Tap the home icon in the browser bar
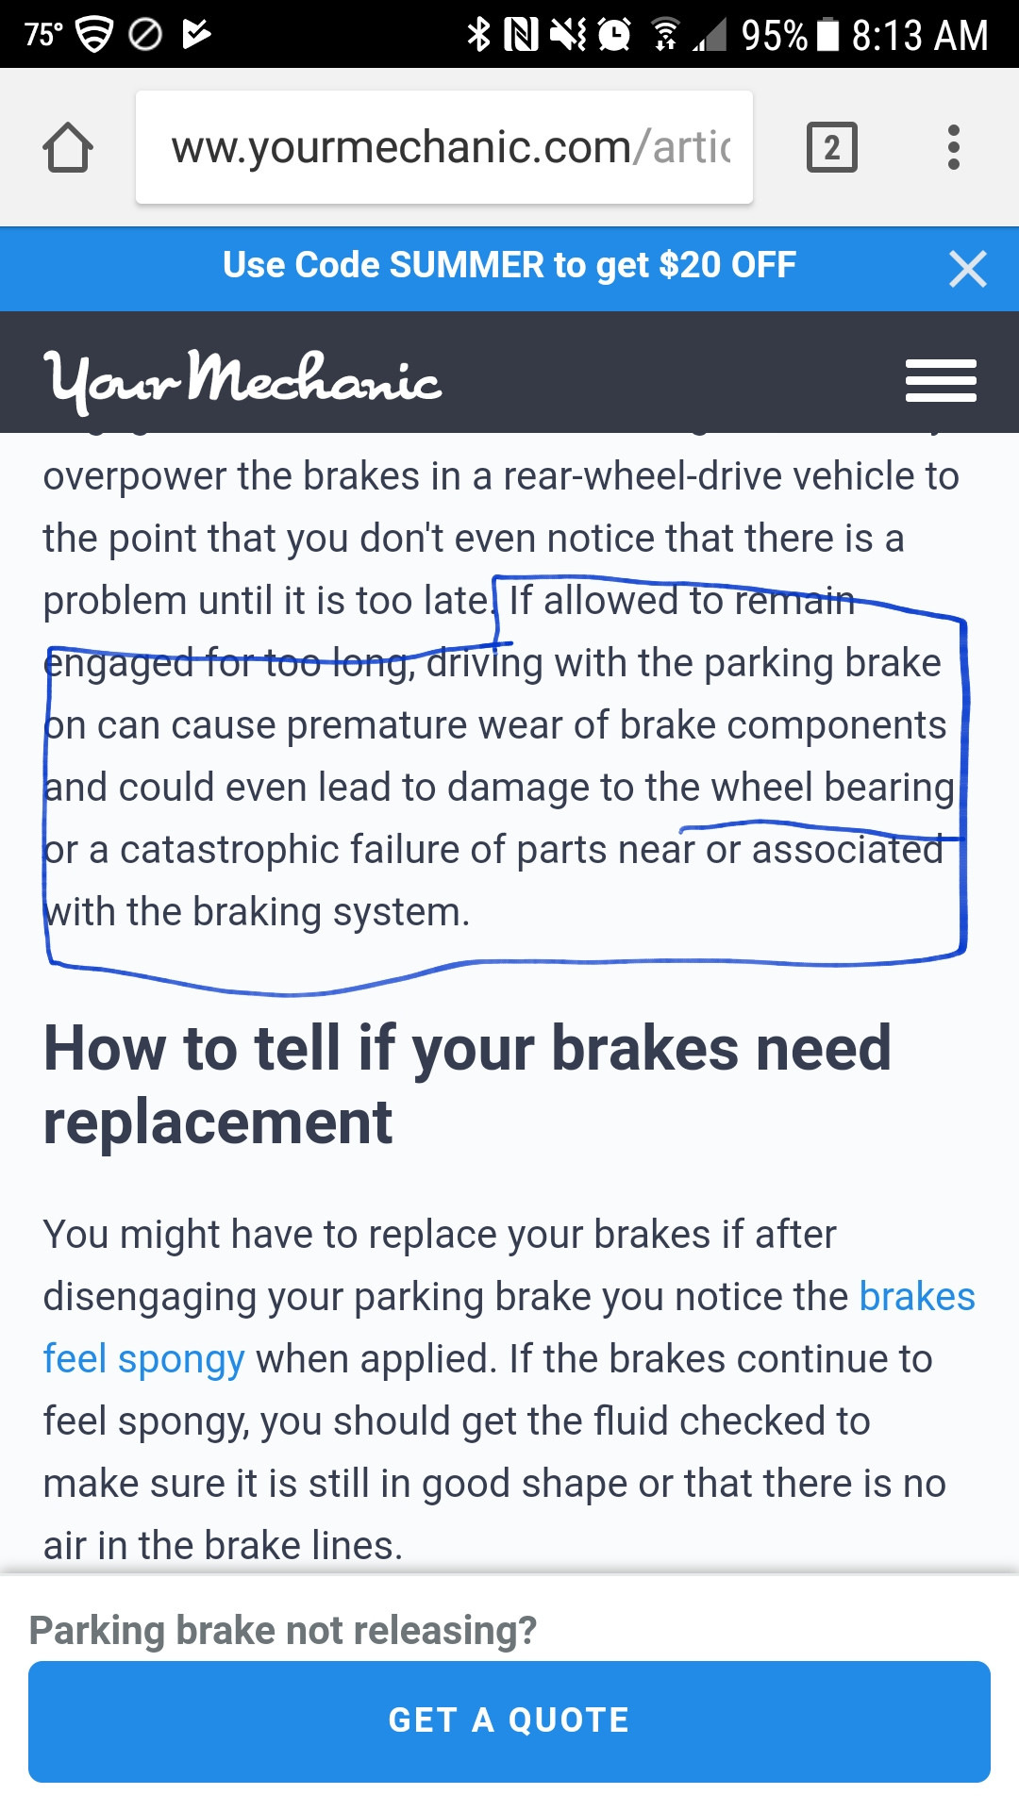68,147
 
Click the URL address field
444,147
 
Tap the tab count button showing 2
832,147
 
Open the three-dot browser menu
954,147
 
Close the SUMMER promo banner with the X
968,269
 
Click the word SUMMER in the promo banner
466,265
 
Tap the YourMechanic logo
243,380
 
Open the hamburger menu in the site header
941,380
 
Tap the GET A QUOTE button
509,1721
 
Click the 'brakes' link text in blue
917,1297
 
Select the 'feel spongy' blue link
143,1360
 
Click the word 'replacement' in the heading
218,1122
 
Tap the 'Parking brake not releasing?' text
283,1630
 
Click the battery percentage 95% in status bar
775,35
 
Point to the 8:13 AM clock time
920,35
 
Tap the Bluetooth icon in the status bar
479,35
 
